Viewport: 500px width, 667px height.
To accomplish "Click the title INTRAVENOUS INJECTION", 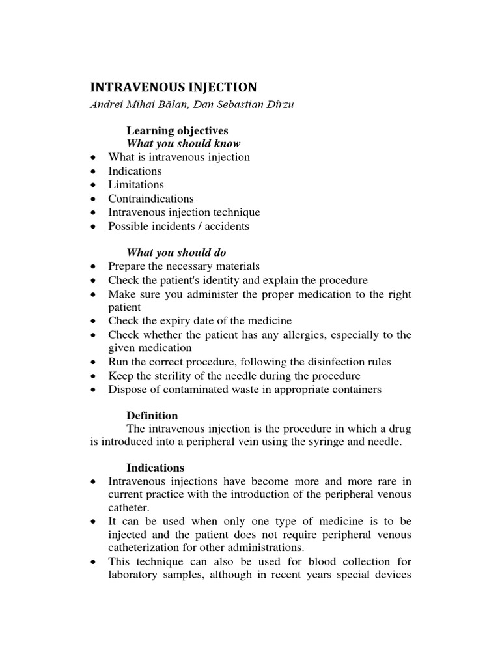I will pyautogui.click(x=173, y=87).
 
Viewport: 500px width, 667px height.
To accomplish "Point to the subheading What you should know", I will pyautogui.click(x=183, y=143).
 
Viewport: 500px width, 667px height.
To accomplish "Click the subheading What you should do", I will pyautogui.click(x=176, y=252).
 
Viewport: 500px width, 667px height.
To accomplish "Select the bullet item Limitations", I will pyautogui.click(x=136, y=184).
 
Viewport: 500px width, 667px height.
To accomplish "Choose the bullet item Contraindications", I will pyautogui.click(x=151, y=198).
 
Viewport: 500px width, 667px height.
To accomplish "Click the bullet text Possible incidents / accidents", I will pyautogui.click(x=179, y=226).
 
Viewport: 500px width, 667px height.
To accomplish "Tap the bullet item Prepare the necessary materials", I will pyautogui.click(x=184, y=266).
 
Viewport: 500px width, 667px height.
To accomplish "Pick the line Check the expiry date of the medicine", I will pyautogui.click(x=200, y=320).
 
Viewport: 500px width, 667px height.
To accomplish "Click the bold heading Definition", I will pyautogui.click(x=152, y=416).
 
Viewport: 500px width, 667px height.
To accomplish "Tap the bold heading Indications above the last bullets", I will pyautogui.click(x=155, y=468).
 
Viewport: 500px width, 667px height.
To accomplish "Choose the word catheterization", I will pyautogui.click(x=141, y=547).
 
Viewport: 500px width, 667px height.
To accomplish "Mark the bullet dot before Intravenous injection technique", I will pyautogui.click(x=95, y=212).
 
